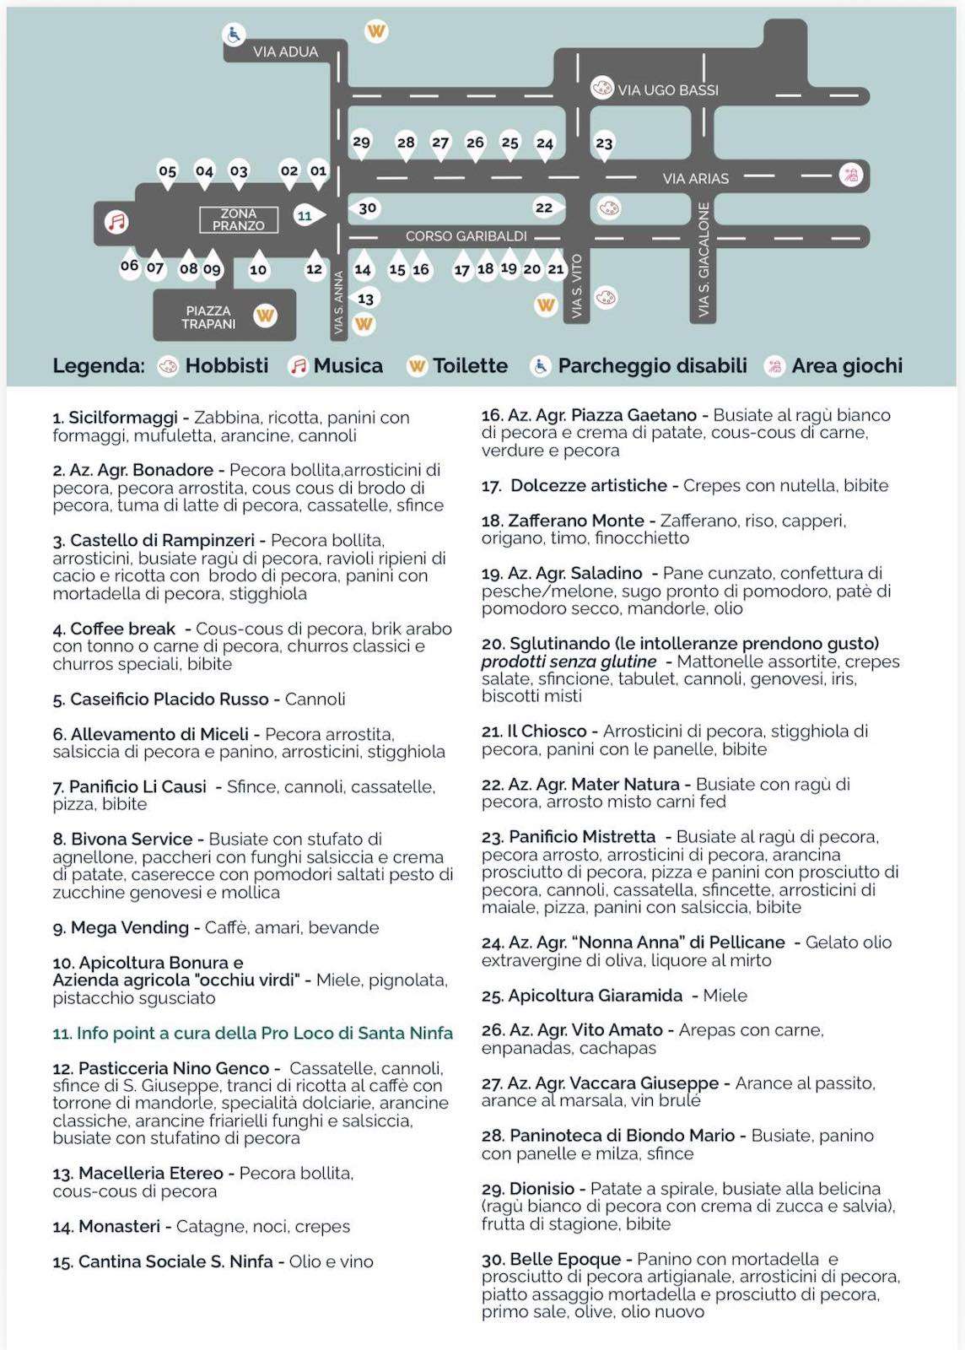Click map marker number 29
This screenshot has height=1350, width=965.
(361, 142)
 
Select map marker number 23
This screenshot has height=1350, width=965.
(604, 143)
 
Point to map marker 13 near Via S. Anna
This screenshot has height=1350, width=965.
(365, 299)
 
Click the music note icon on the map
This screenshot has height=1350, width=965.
(116, 222)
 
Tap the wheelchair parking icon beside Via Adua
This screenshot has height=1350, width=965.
(233, 35)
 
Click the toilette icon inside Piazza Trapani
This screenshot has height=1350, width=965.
(265, 316)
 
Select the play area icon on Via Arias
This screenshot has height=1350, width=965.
(849, 175)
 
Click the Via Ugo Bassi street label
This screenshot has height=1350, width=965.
(668, 89)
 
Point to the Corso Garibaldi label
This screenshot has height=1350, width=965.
(466, 236)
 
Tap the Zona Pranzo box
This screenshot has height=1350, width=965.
(238, 219)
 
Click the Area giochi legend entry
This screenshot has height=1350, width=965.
(846, 365)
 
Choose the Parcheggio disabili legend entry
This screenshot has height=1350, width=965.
(652, 365)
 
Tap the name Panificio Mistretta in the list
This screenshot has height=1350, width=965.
(581, 836)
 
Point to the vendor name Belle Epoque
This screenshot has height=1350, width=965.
(564, 1259)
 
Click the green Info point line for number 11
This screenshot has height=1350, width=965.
(253, 1033)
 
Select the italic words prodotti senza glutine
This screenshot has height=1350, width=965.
(569, 661)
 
